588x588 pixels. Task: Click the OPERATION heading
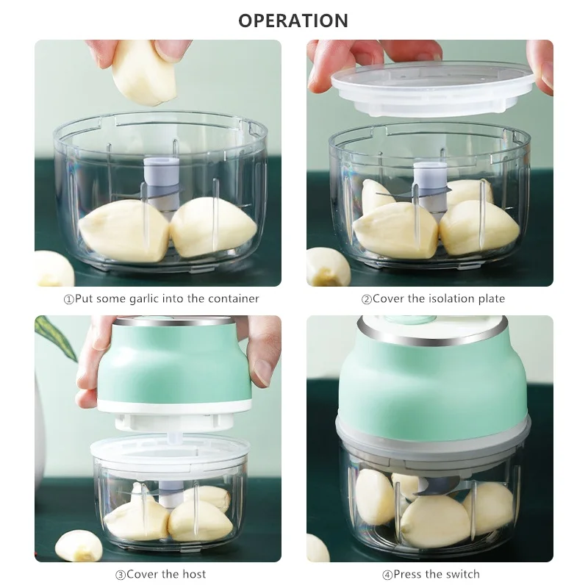pyautogui.click(x=293, y=20)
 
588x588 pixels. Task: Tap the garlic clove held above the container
pyautogui.click(x=144, y=71)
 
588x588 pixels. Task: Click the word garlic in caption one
pyautogui.click(x=161, y=299)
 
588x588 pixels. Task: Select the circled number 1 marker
pyautogui.click(x=69, y=299)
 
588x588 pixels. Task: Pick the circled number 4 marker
pyautogui.click(x=387, y=574)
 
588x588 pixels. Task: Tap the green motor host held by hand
pyautogui.click(x=175, y=364)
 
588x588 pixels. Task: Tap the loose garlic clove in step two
pyautogui.click(x=328, y=267)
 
